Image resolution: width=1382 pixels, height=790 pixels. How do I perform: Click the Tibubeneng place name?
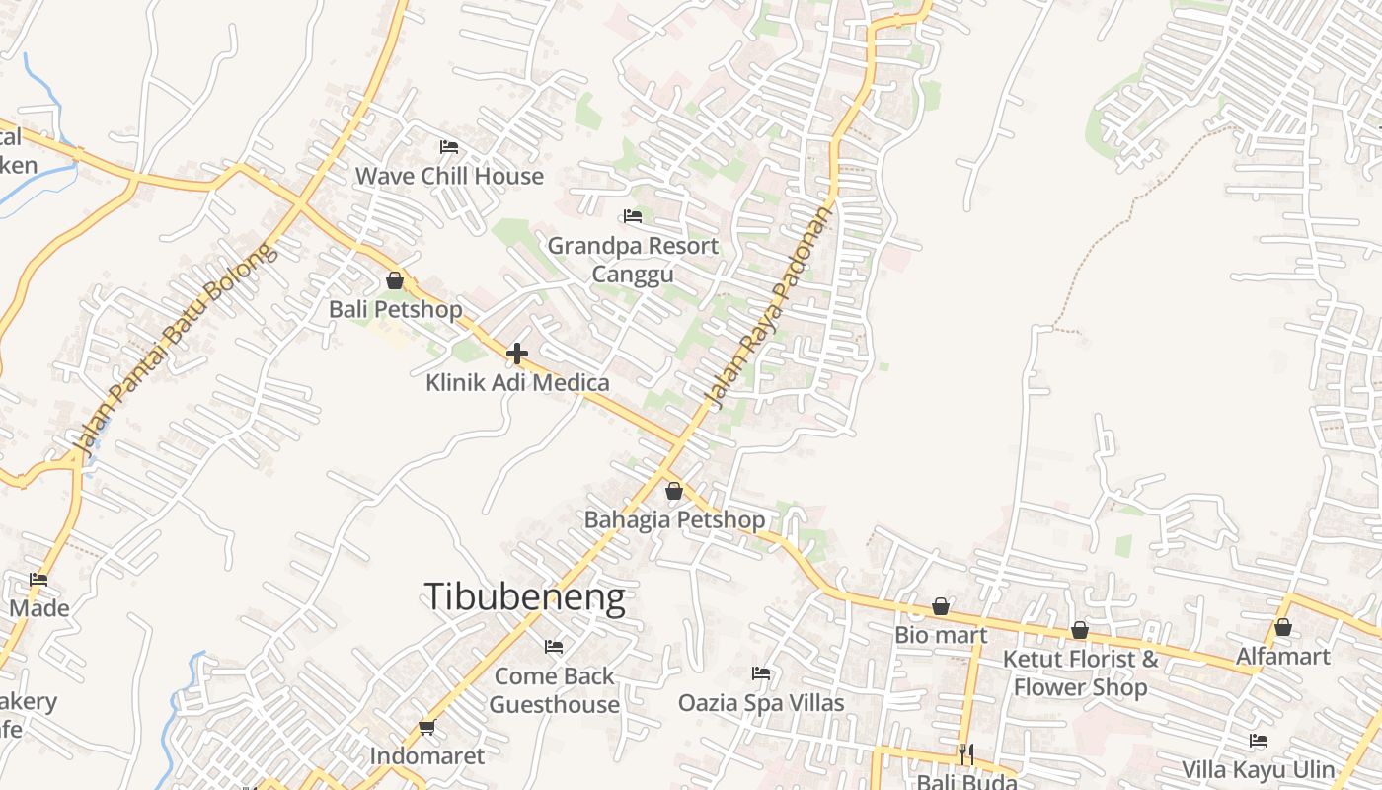(524, 597)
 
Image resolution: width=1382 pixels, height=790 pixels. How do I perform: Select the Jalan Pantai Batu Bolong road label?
(175, 350)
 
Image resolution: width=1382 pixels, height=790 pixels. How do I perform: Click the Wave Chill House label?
(449, 176)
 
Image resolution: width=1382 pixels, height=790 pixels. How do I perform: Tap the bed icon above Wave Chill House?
(449, 147)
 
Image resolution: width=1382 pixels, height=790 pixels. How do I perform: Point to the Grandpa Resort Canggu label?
(633, 259)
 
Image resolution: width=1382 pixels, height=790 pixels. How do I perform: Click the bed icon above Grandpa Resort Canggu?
(633, 216)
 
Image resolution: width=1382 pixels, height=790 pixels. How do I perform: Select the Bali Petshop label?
(395, 309)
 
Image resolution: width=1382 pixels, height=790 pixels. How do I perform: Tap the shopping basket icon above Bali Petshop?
(395, 280)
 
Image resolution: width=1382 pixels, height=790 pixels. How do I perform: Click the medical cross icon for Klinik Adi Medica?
(517, 354)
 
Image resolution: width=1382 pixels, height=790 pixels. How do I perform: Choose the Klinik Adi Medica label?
(517, 382)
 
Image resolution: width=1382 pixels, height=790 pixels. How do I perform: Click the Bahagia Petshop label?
(674, 519)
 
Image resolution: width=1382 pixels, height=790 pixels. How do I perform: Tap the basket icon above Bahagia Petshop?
(674, 491)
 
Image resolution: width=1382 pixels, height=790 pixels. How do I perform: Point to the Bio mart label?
(941, 635)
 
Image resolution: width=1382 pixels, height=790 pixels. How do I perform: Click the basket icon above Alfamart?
(1283, 627)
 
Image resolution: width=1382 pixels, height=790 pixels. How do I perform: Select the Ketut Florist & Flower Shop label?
(1080, 672)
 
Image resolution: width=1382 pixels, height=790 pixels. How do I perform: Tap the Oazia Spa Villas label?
(761, 702)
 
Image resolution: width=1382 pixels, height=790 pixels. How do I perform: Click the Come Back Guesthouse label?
(554, 690)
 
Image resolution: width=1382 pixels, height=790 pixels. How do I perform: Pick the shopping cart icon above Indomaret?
(426, 728)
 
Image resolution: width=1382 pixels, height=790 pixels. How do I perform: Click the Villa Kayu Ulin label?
(1259, 769)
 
